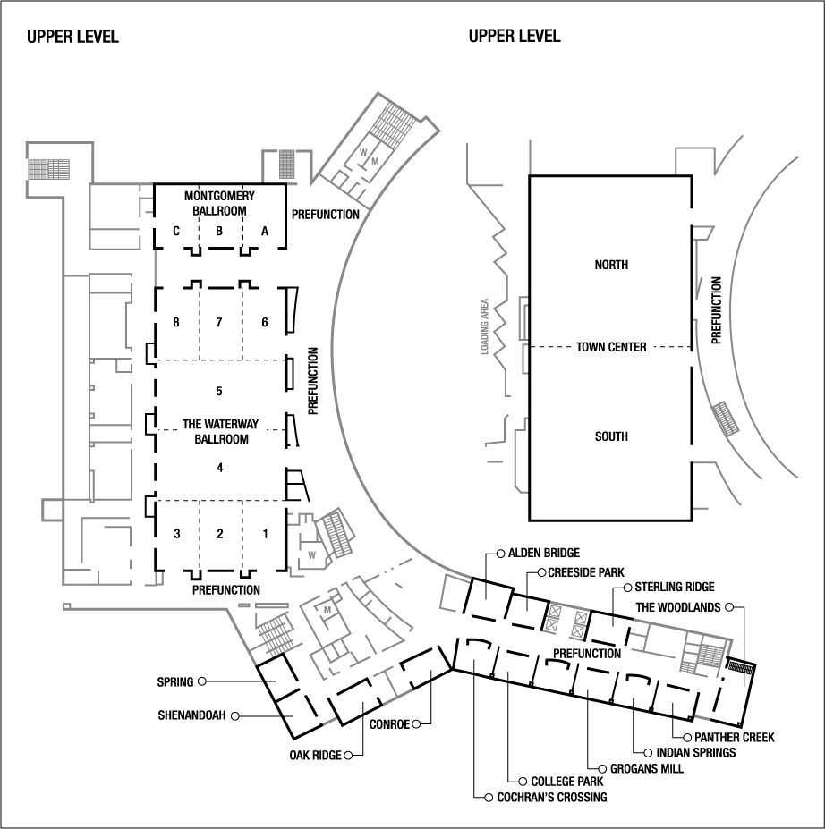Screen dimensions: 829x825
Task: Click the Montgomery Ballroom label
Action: [x=219, y=203]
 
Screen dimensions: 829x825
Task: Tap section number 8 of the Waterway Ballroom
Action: [x=177, y=322]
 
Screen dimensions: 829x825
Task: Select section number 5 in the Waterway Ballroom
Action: [x=219, y=391]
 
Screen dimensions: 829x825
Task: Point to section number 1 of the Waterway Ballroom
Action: [x=264, y=534]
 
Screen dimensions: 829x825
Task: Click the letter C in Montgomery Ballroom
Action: [x=177, y=231]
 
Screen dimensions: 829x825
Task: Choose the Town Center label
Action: [x=611, y=347]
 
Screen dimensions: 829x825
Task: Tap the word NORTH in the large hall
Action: [x=611, y=265]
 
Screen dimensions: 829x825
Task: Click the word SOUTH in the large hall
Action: [x=611, y=436]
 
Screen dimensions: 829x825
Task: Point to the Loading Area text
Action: [x=484, y=326]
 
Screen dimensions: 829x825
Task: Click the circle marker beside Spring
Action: [x=202, y=682]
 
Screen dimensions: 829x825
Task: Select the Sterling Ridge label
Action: [x=675, y=587]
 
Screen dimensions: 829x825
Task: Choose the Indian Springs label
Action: [x=695, y=752]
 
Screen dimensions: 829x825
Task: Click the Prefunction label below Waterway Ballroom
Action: [x=226, y=590]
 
